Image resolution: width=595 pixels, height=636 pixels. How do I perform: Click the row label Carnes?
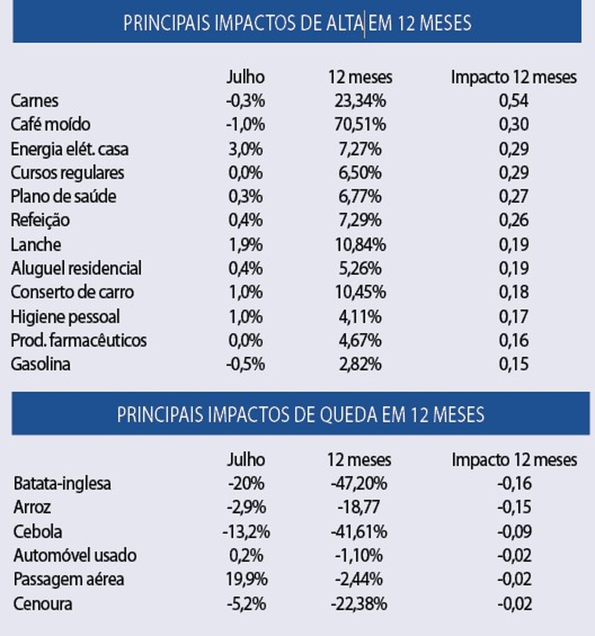tap(35, 101)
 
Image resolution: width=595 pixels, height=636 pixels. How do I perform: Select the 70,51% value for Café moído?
tap(360, 124)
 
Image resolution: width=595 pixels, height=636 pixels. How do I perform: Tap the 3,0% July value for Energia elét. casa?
tap(245, 149)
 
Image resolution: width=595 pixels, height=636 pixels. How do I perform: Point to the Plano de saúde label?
tap(63, 197)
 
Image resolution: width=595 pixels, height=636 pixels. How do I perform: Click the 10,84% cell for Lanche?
tap(360, 245)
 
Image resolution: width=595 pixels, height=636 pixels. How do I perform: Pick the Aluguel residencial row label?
tap(76, 268)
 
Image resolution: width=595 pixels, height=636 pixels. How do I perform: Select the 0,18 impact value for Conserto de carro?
tap(514, 292)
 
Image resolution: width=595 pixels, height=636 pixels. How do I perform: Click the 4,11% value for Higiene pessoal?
tap(360, 317)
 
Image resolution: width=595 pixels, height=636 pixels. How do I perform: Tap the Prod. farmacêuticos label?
tap(78, 340)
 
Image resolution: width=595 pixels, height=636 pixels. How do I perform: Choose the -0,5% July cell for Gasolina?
tap(245, 364)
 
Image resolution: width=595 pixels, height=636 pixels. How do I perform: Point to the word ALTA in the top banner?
tap(344, 23)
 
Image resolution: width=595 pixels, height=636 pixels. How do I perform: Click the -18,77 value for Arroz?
tap(357, 507)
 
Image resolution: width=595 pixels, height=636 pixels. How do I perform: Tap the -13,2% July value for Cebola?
tap(246, 532)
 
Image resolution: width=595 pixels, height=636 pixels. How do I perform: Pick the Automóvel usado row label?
tap(75, 555)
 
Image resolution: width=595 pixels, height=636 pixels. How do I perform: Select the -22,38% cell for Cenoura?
tap(360, 604)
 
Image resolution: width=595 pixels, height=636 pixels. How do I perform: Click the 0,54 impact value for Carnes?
tap(514, 101)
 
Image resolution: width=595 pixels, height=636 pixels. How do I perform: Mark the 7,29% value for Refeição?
tap(360, 220)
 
